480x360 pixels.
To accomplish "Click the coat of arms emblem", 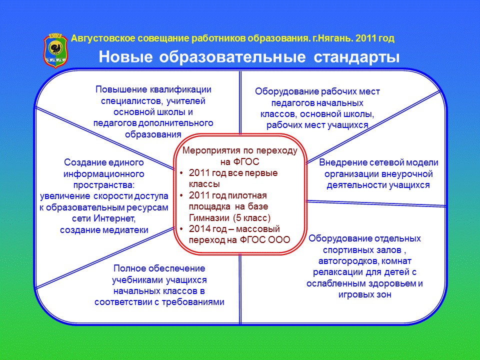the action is click(55, 50).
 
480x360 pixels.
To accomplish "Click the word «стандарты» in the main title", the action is click(356, 57).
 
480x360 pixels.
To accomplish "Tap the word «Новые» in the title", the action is click(125, 57).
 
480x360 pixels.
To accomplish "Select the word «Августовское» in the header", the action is click(103, 38).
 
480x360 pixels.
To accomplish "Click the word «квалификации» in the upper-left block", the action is click(180, 89).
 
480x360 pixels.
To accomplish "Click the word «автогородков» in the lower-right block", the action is click(348, 261).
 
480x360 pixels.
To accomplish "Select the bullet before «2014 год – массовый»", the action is click(181, 229).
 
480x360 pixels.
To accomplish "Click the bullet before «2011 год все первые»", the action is click(181, 173).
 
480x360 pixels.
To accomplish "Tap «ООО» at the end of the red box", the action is click(279, 239).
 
